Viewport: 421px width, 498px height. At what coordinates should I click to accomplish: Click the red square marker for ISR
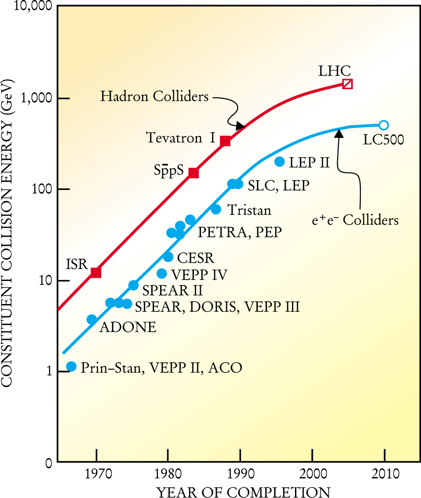(96, 273)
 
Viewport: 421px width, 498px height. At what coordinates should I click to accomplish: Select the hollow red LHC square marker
(348, 84)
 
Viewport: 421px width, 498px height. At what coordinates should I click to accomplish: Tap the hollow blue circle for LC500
(384, 125)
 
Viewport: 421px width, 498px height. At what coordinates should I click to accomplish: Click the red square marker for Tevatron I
(225, 141)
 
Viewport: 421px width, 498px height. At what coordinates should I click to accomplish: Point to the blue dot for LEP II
(279, 162)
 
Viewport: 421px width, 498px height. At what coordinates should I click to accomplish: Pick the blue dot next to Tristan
(216, 209)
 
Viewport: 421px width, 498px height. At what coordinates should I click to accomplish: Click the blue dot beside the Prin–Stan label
(71, 366)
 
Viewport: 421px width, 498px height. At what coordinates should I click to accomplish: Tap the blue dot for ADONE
(92, 319)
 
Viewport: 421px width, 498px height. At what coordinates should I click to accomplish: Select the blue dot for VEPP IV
(162, 273)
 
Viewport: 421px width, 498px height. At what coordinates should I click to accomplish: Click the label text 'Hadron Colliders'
(154, 96)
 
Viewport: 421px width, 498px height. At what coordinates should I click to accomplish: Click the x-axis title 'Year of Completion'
(243, 491)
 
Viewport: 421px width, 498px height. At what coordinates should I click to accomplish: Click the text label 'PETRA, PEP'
(240, 232)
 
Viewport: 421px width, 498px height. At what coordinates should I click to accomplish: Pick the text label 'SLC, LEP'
(278, 186)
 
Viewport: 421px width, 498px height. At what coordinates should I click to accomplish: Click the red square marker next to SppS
(193, 173)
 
